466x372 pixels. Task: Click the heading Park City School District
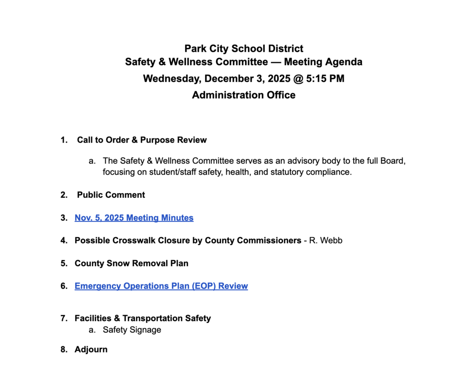tap(244, 48)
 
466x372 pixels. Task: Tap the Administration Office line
tap(244, 95)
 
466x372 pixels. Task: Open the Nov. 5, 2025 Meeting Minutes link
tap(134, 218)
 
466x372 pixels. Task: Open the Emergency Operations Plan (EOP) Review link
tap(161, 286)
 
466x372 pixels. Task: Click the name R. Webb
tap(326, 241)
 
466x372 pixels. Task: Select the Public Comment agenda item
tap(111, 195)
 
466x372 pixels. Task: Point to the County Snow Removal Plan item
tap(131, 263)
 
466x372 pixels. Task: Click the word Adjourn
tap(91, 349)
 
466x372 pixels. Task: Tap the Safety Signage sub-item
tap(132, 330)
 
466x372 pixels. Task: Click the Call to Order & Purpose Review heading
tap(142, 140)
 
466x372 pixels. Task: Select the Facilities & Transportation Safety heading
tap(143, 318)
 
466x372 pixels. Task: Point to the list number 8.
tap(63, 349)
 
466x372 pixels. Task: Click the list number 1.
tap(63, 140)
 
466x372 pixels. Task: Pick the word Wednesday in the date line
tap(172, 78)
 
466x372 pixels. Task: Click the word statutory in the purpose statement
tap(286, 172)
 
